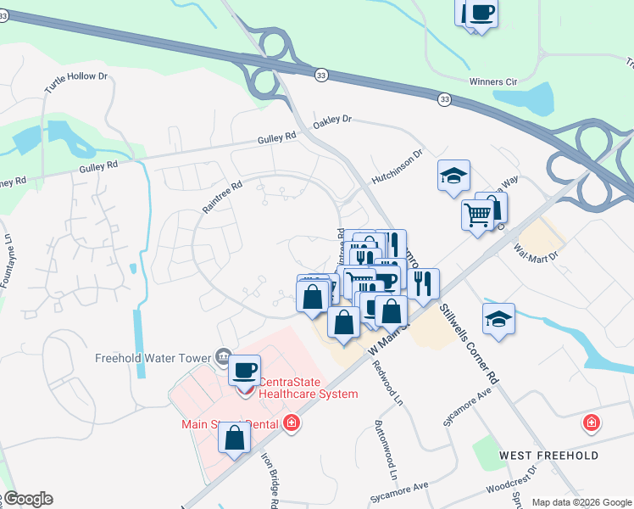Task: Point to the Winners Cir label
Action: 492,81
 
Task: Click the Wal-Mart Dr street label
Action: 537,252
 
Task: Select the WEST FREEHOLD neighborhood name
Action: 549,456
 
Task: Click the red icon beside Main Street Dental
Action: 292,422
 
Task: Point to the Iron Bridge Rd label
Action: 268,478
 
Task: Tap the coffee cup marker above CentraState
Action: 244,370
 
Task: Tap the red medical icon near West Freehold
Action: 592,422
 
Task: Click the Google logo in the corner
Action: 27,499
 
